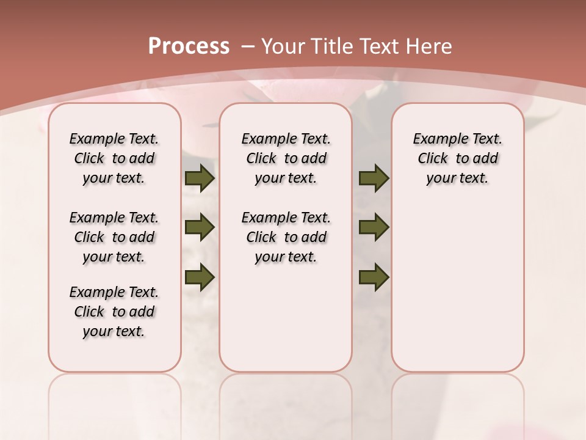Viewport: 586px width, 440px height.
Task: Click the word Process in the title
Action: pos(189,46)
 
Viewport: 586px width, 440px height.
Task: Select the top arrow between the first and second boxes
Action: pos(200,178)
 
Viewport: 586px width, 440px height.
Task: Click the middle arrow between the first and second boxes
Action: pos(200,228)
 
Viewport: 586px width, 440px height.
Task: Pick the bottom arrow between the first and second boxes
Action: pos(200,277)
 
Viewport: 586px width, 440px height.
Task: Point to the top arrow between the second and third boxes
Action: pos(374,178)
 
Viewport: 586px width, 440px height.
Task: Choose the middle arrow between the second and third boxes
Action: pos(374,228)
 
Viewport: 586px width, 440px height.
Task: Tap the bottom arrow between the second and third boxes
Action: pos(374,277)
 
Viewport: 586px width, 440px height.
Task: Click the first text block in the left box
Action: pos(114,158)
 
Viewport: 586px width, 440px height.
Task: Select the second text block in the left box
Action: pos(114,237)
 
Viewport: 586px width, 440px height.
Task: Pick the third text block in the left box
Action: pos(114,312)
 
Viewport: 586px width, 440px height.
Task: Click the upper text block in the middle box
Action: pos(286,158)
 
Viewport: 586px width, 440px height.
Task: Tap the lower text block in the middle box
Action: pos(286,237)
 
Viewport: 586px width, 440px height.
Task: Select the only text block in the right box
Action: pos(457,158)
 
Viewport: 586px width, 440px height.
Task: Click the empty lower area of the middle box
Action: pos(286,318)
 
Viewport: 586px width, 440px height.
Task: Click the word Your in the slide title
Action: pos(281,46)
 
